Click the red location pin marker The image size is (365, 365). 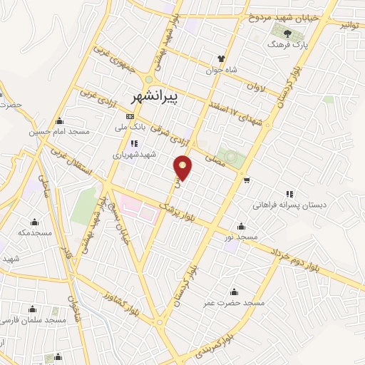click(x=184, y=167)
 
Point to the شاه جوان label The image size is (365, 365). click(x=220, y=70)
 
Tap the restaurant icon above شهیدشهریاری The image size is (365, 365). click(x=134, y=143)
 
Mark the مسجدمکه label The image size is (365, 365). click(x=35, y=232)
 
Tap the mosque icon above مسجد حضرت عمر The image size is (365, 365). click(x=234, y=291)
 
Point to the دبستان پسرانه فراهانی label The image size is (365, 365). click(x=289, y=205)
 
